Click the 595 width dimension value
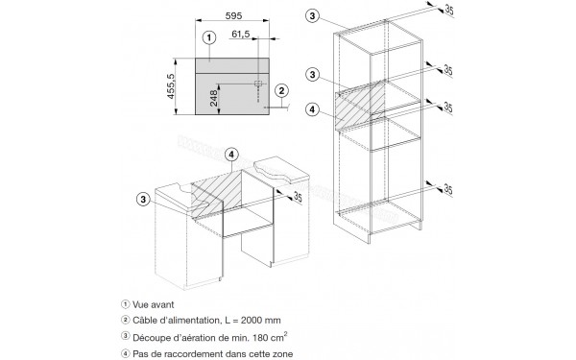[x=233, y=15]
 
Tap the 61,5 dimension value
[x=241, y=35]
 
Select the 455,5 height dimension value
[x=171, y=86]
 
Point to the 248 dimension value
[x=214, y=98]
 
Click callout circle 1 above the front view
[x=209, y=37]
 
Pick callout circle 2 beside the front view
[x=281, y=91]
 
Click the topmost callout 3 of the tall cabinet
[x=312, y=15]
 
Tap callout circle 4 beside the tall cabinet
[x=312, y=109]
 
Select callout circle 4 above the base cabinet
[x=231, y=155]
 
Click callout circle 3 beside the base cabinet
[x=143, y=200]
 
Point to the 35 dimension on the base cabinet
[x=298, y=197]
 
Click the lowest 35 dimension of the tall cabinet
[x=447, y=189]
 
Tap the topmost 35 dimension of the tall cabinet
[x=448, y=10]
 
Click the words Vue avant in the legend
[x=154, y=304]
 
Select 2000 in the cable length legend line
[x=253, y=321]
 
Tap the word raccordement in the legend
[x=181, y=354]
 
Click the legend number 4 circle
[x=126, y=353]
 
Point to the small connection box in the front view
[x=258, y=84]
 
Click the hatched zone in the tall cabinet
[x=360, y=106]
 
